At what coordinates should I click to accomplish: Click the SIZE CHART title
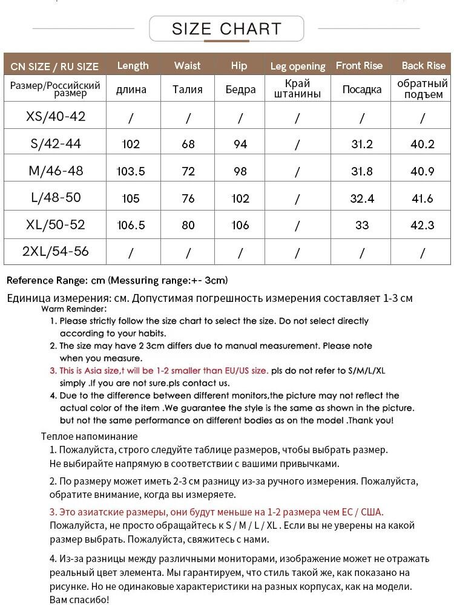click(x=226, y=28)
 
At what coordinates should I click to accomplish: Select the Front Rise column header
click(x=359, y=65)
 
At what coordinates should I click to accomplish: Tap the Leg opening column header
click(x=297, y=66)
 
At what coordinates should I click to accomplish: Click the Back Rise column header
click(x=423, y=65)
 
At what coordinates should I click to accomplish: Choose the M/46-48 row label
click(x=56, y=171)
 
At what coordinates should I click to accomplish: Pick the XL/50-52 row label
click(x=56, y=224)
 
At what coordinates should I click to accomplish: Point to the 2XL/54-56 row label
click(x=56, y=251)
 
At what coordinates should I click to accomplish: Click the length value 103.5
click(x=131, y=171)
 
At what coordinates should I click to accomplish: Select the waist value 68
click(x=188, y=144)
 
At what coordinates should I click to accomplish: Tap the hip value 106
click(x=240, y=225)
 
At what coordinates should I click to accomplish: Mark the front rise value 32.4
click(x=362, y=198)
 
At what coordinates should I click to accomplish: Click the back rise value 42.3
click(x=423, y=225)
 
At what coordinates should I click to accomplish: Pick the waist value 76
click(x=188, y=198)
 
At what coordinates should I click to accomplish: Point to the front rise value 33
click(x=362, y=225)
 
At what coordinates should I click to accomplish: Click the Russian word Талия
click(x=188, y=90)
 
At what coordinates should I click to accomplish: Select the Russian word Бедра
click(x=240, y=90)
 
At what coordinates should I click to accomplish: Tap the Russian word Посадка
click(x=362, y=90)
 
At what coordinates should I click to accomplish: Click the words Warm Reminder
click(x=74, y=309)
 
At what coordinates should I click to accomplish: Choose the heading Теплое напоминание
click(x=90, y=436)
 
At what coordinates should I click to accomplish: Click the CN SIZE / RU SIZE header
click(x=54, y=66)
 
